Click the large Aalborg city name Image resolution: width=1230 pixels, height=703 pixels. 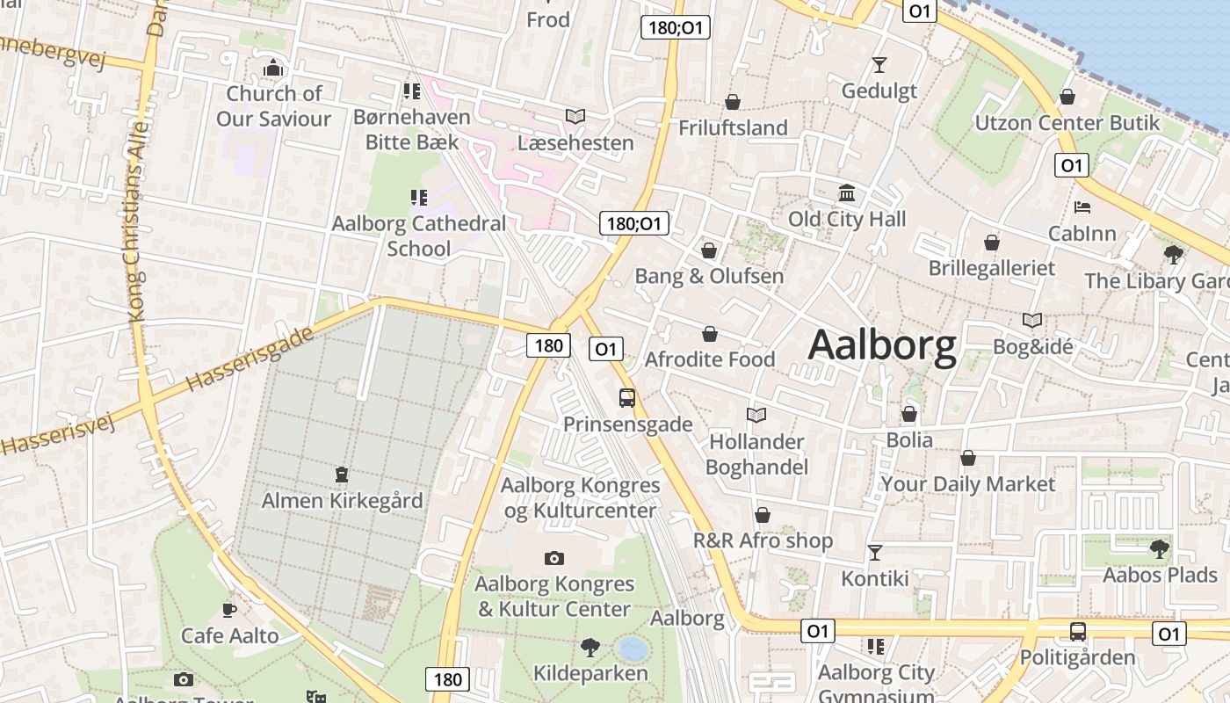[x=882, y=345]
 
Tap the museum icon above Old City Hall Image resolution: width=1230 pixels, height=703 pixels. [x=847, y=192]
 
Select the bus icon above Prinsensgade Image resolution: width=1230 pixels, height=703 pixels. [x=627, y=398]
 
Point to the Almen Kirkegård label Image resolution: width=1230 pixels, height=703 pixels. [x=342, y=501]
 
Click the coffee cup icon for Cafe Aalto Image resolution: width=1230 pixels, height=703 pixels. [x=229, y=609]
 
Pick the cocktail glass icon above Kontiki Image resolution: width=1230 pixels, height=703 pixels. [x=875, y=552]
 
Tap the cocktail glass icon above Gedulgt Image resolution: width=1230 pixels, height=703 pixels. [x=879, y=64]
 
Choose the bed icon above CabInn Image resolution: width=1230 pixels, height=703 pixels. [x=1082, y=207]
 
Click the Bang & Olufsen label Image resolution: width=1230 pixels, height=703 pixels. [x=709, y=276]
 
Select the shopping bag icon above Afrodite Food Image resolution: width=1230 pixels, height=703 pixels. [x=709, y=334]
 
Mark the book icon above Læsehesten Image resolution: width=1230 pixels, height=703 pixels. [x=575, y=116]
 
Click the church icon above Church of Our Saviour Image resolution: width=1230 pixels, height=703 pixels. [x=274, y=68]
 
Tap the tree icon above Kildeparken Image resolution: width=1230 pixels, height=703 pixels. [x=590, y=648]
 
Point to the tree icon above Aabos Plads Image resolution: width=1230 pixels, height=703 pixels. [x=1160, y=549]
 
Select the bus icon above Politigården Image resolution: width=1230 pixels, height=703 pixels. [x=1078, y=631]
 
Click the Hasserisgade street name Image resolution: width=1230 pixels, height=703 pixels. [x=250, y=360]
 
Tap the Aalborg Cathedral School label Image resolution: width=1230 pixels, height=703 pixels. [x=419, y=236]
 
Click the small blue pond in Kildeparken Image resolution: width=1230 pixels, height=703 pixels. [x=633, y=649]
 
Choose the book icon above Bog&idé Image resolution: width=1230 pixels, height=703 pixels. [x=1032, y=321]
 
